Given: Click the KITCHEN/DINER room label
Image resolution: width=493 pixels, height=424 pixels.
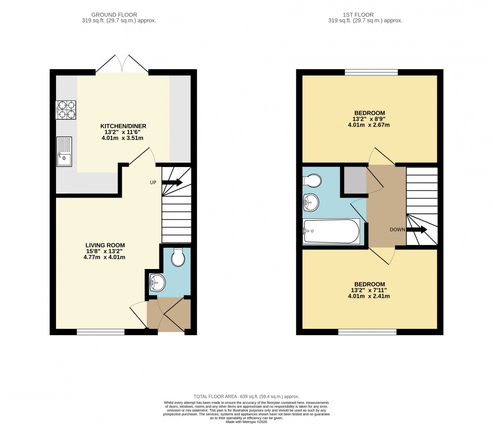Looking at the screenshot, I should (123, 126).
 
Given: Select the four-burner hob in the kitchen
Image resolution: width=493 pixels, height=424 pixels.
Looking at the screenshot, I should (66, 110).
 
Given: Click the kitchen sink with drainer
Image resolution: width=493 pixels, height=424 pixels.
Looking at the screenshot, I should (64, 152).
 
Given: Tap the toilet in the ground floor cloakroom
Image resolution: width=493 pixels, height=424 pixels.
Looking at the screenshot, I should (178, 258).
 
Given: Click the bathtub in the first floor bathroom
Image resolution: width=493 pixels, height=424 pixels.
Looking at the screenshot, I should (331, 231).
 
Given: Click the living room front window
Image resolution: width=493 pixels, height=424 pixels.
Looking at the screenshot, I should (101, 332).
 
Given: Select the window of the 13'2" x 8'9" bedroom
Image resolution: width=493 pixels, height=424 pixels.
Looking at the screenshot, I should (371, 72).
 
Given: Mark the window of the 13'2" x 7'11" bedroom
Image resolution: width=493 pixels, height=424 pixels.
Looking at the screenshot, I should (367, 332).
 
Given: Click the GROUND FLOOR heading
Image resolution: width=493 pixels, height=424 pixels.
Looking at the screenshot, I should (119, 15).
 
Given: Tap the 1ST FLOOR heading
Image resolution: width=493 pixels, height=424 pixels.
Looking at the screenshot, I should (365, 15).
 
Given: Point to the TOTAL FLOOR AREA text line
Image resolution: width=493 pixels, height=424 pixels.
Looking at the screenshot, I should (246, 396).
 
